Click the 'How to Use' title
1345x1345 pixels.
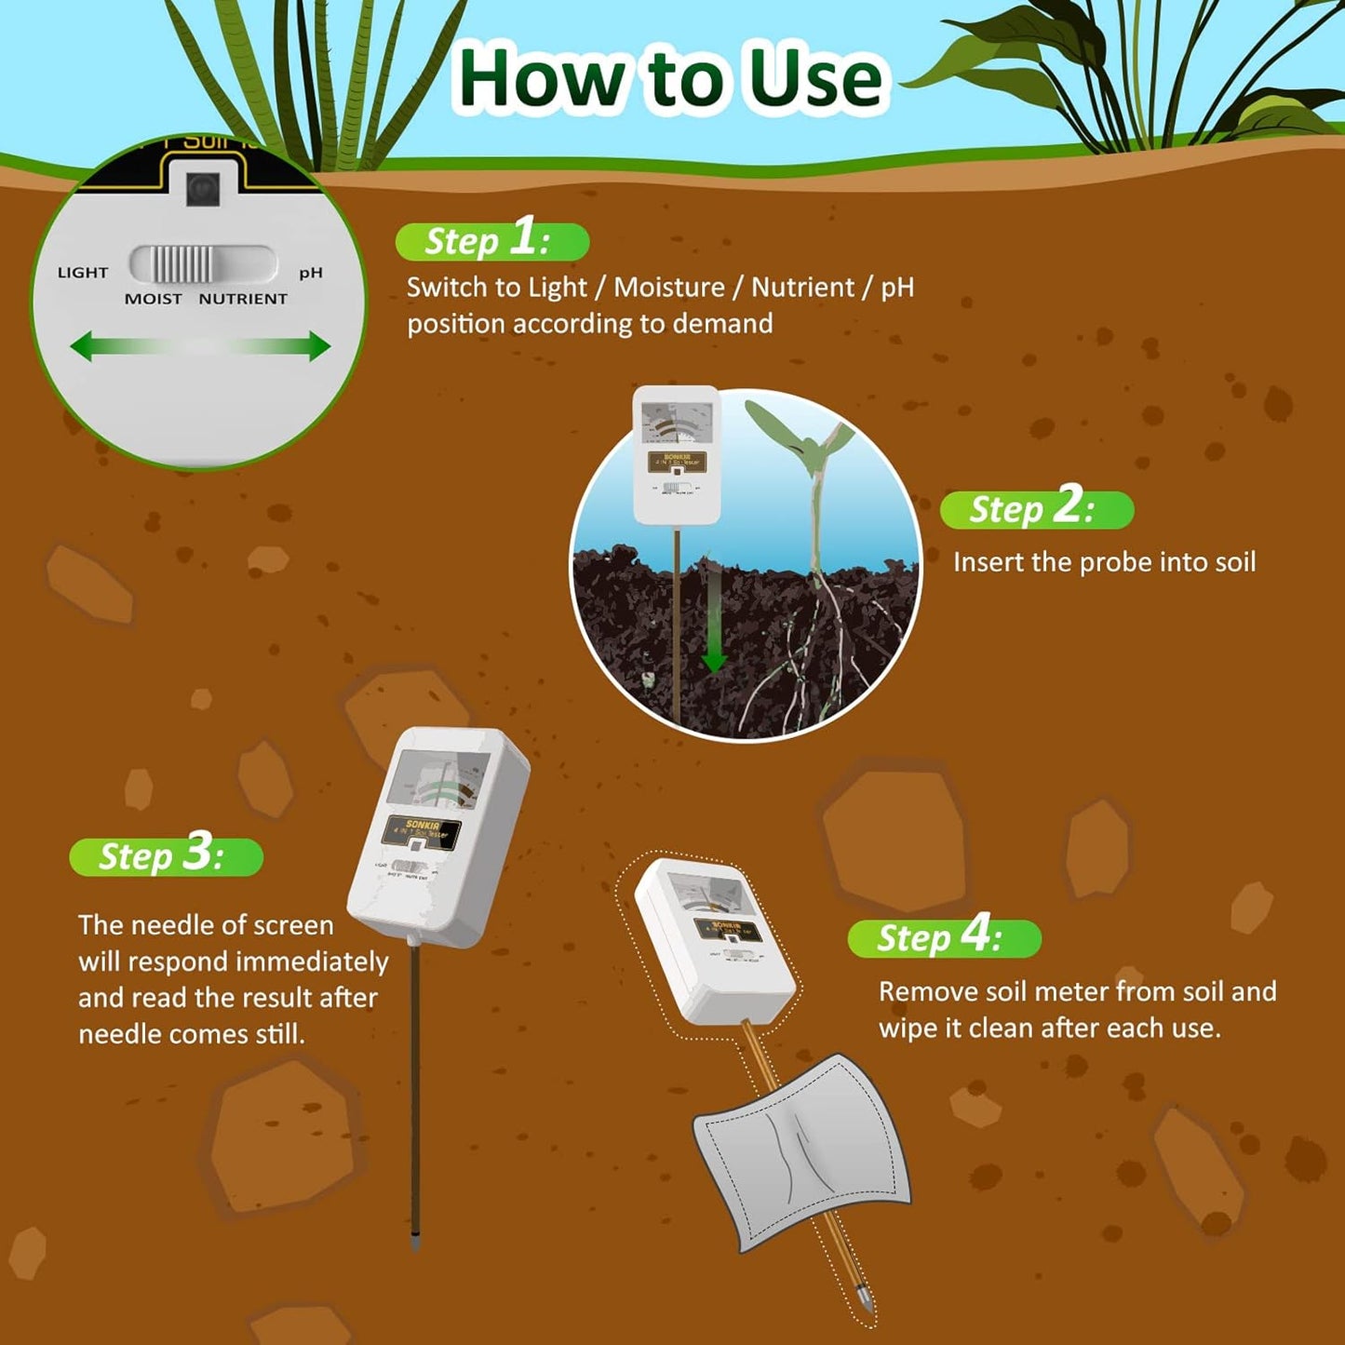(x=670, y=78)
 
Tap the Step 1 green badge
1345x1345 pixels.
(x=491, y=241)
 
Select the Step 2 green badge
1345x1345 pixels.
(x=1036, y=510)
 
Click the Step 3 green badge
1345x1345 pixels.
(x=166, y=856)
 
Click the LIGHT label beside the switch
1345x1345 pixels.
(x=83, y=273)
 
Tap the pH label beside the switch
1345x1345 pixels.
(x=311, y=273)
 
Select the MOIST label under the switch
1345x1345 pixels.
(x=154, y=299)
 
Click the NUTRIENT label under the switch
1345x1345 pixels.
(x=243, y=299)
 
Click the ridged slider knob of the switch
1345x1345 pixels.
(x=182, y=264)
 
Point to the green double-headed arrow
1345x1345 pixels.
(x=200, y=346)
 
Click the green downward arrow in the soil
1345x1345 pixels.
(x=713, y=624)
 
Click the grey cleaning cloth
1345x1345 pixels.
(x=800, y=1150)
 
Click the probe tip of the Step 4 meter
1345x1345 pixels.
(x=865, y=1298)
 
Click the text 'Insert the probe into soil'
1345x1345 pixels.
(x=1104, y=562)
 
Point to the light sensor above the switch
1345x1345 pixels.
(x=202, y=189)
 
